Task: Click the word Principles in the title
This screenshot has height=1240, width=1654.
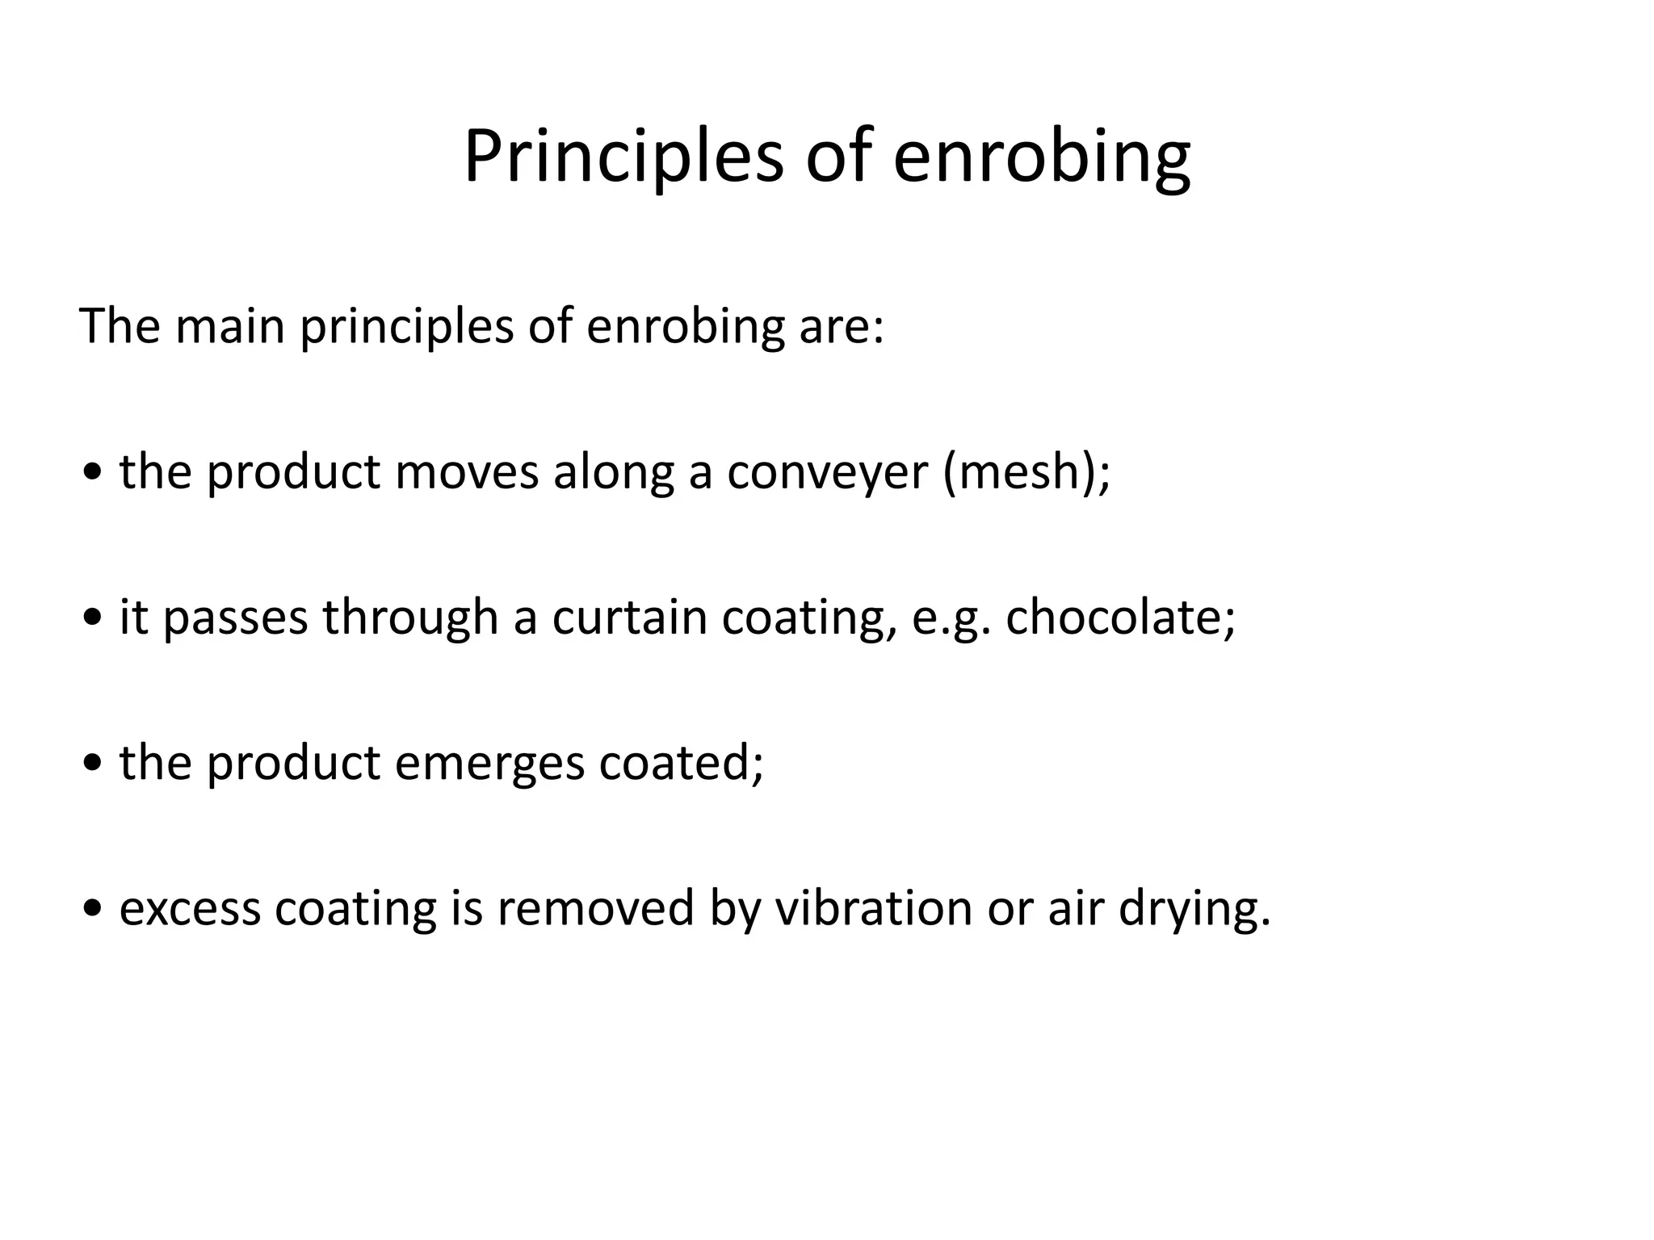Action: (623, 157)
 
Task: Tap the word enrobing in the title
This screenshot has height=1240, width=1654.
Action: (1041, 157)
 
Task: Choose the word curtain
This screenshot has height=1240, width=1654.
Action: (630, 618)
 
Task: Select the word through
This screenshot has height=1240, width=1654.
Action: (410, 618)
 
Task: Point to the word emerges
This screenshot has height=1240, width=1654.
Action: (489, 763)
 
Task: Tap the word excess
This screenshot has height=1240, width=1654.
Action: (190, 908)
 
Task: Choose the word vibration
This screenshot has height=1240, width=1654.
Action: (873, 908)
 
